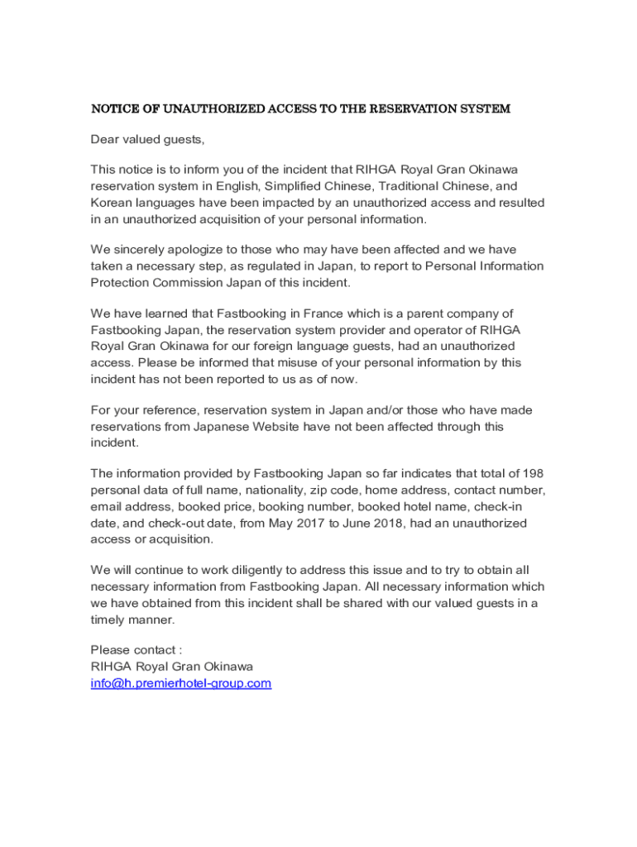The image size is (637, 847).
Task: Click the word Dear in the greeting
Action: [x=104, y=139]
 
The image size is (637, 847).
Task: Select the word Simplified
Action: [x=292, y=186]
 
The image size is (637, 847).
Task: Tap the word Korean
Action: [x=111, y=203]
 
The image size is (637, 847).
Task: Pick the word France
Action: [x=333, y=313]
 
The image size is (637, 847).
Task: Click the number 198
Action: [x=533, y=474]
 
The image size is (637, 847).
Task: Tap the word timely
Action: [x=108, y=620]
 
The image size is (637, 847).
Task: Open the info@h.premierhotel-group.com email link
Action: [x=180, y=683]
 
